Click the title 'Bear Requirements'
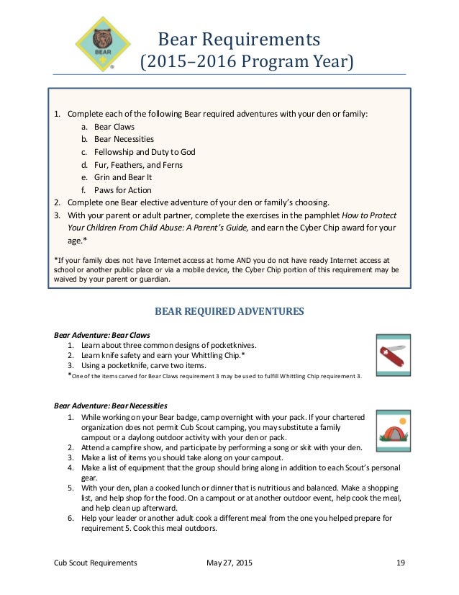click(239, 37)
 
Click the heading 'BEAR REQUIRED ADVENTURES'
click(229, 311)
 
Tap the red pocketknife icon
click(391, 352)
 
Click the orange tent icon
click(391, 428)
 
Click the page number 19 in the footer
click(401, 563)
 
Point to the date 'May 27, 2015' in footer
click(229, 563)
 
